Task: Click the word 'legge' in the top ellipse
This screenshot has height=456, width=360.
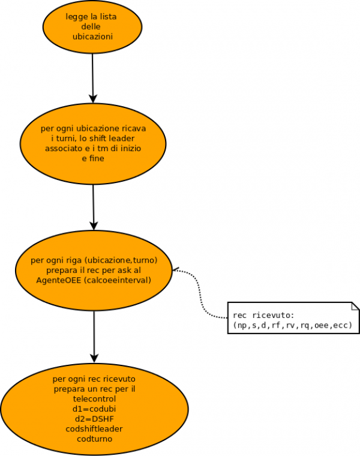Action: pos(76,17)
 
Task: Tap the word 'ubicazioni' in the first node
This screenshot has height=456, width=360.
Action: pos(93,37)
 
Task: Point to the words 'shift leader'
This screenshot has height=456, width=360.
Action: pos(116,139)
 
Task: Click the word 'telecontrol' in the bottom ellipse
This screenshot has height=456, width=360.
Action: pos(94,398)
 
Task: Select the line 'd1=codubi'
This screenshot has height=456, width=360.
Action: pos(94,409)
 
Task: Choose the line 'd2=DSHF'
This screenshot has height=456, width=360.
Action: pos(94,419)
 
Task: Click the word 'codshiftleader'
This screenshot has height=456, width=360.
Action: pos(94,429)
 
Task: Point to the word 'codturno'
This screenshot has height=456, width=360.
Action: pos(94,439)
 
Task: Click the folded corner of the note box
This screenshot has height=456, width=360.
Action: pos(355,307)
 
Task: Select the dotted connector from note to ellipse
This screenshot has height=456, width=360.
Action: pos(202,294)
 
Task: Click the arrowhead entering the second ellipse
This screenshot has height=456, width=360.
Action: pos(92,98)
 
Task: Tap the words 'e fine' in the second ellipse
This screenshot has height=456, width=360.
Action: pos(93,159)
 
